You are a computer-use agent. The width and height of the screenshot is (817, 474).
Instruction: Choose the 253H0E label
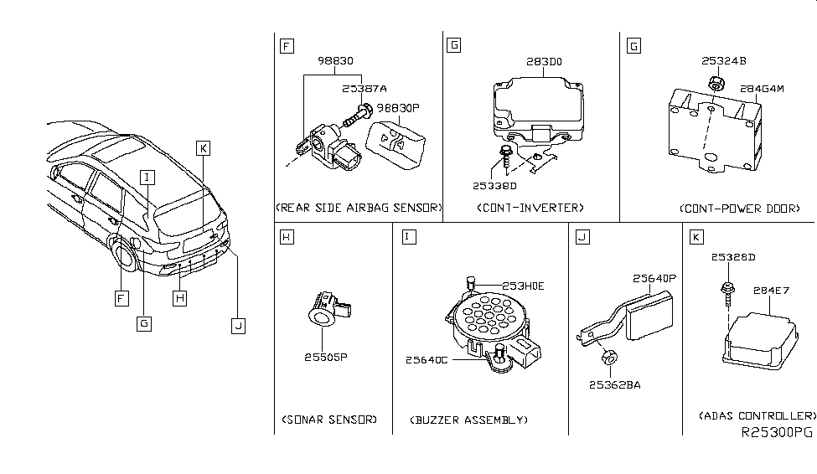[523, 286]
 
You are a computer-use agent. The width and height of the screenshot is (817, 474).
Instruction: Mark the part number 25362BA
[613, 385]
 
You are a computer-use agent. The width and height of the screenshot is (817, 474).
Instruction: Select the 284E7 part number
[772, 291]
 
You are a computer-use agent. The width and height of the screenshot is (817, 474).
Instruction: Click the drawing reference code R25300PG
[777, 433]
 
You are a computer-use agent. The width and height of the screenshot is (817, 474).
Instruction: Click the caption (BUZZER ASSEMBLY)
[469, 419]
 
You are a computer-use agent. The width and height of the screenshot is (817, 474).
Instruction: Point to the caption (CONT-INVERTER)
[529, 207]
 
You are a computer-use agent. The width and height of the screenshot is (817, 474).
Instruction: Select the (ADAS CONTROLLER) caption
[757, 415]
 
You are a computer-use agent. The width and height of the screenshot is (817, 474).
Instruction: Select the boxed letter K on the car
[202, 148]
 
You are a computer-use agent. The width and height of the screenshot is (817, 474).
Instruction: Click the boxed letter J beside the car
[238, 327]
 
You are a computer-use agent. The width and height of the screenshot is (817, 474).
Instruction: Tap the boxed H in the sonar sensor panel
[286, 238]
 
